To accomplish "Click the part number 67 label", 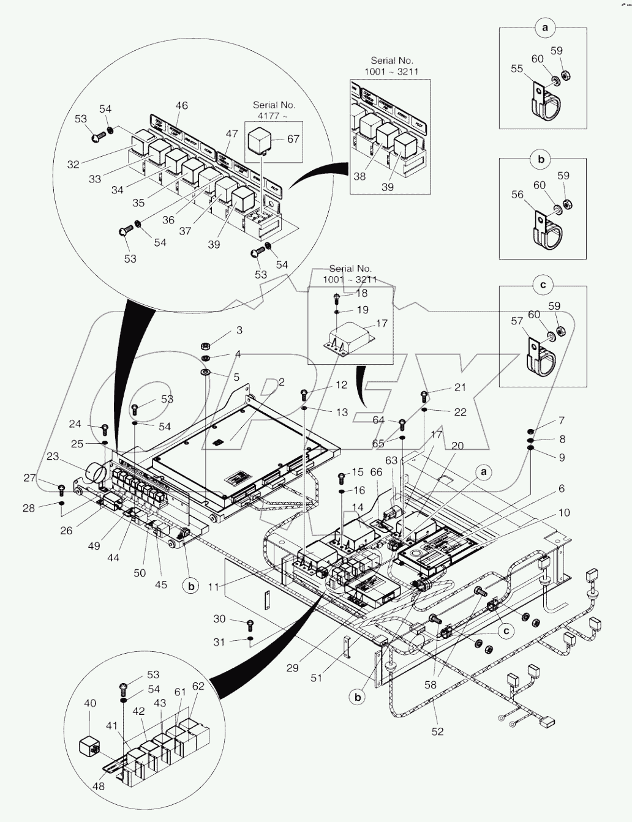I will pyautogui.click(x=293, y=139).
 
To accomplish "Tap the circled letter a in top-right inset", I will pyautogui.click(x=542, y=28).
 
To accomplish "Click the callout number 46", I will pyautogui.click(x=181, y=106).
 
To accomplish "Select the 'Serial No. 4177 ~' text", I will pyautogui.click(x=274, y=110).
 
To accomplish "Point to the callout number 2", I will pyautogui.click(x=281, y=383).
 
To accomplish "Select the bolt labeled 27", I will pyautogui.click(x=61, y=488).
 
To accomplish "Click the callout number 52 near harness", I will pyautogui.click(x=437, y=731).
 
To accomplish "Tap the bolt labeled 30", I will pyautogui.click(x=250, y=624).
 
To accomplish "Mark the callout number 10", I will pyautogui.click(x=563, y=512).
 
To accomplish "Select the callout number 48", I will pyautogui.click(x=99, y=787).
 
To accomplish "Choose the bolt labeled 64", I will pyautogui.click(x=402, y=423).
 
